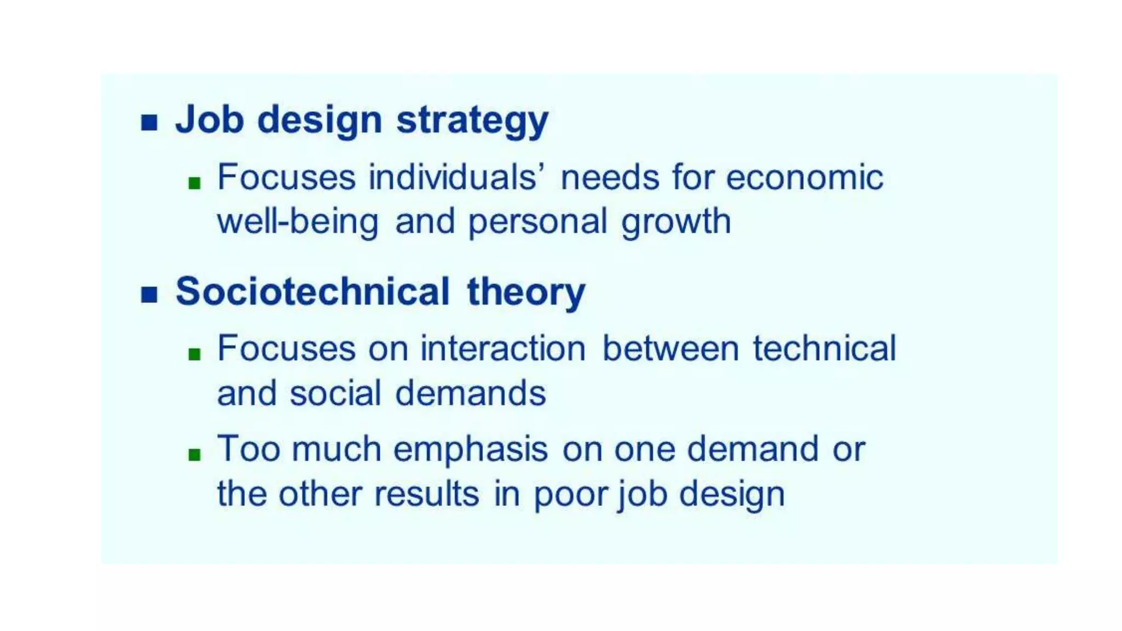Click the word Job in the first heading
coord(209,119)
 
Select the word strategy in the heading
coord(472,121)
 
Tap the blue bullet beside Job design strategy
coord(149,122)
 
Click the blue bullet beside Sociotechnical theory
coord(149,294)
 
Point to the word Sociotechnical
coord(312,291)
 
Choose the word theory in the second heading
coord(526,292)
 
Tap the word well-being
coord(298,222)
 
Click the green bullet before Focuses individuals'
coord(194,183)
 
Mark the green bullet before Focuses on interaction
coord(194,354)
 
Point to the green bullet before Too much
coord(194,454)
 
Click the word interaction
coord(503,348)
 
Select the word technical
coord(824,348)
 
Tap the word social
coord(335,393)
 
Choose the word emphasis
coord(471,450)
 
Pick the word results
coord(427,494)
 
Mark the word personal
coord(537,222)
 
